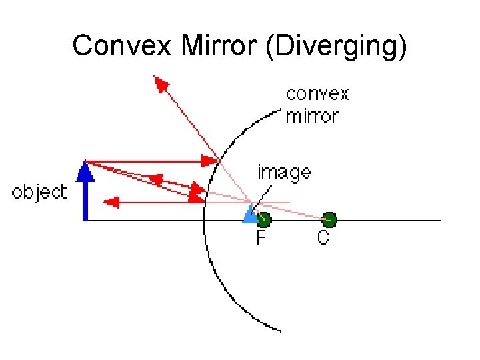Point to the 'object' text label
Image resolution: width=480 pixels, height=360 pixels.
[39, 193]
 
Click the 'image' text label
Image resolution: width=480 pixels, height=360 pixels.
[284, 173]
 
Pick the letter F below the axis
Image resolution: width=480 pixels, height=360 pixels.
[262, 238]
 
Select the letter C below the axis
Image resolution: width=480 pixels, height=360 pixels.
[323, 238]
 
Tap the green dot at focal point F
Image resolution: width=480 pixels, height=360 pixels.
[264, 219]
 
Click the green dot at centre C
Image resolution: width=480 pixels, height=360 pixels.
[329, 219]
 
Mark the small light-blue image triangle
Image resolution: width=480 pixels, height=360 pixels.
[250, 215]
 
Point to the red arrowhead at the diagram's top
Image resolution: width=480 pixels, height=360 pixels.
[161, 83]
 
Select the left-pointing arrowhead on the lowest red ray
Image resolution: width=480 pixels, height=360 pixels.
[112, 201]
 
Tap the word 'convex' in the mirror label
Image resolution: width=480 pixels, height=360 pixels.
[317, 94]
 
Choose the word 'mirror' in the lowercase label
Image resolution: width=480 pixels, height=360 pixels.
[312, 116]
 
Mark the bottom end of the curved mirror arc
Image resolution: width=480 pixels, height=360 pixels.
[281, 330]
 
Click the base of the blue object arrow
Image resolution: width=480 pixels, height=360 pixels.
[85, 219]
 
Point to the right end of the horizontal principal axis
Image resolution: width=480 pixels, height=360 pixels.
[439, 220]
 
